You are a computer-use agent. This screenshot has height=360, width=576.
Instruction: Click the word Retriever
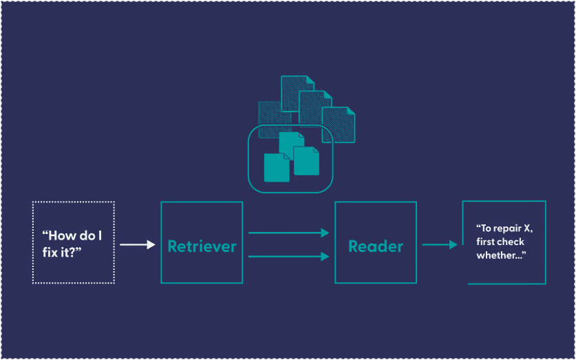click(x=202, y=246)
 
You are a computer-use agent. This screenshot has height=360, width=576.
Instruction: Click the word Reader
click(x=376, y=246)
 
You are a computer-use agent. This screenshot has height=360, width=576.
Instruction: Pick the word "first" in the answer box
click(x=484, y=242)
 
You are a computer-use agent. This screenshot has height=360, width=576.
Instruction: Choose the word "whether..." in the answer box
click(x=502, y=255)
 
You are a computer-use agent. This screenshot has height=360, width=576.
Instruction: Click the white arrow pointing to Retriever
click(x=138, y=244)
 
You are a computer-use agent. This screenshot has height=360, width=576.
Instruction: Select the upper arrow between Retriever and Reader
click(x=288, y=233)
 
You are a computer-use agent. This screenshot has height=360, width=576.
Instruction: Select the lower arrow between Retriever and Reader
click(x=288, y=256)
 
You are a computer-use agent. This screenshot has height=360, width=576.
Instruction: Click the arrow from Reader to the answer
click(x=440, y=244)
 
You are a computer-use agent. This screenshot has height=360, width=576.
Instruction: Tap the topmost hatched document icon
click(x=297, y=94)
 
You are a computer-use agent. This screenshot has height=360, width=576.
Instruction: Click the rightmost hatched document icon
click(x=339, y=125)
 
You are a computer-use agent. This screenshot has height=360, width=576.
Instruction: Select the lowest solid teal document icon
click(x=277, y=167)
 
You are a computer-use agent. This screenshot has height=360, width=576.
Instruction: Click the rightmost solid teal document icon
click(x=306, y=161)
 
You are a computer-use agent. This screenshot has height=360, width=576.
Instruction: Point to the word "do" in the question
click(x=87, y=235)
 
